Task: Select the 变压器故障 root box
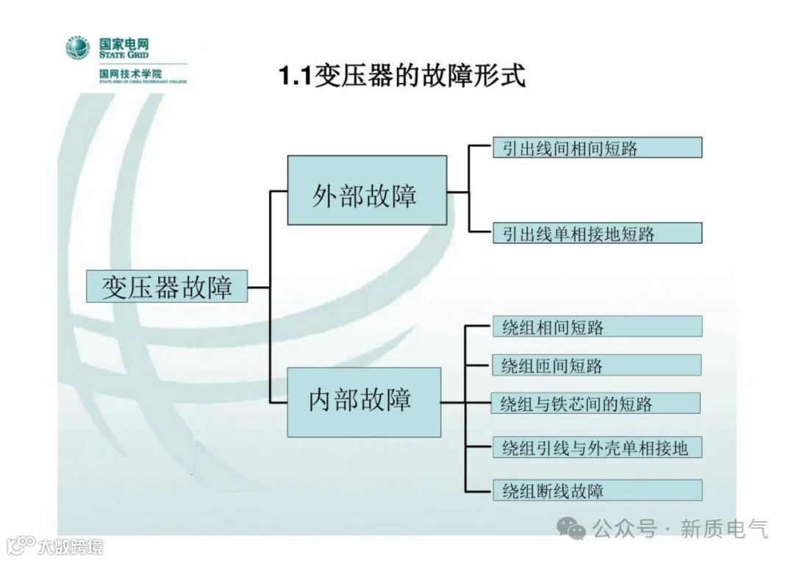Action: (x=167, y=287)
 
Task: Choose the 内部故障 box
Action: (x=363, y=401)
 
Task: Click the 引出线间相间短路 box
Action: (x=596, y=148)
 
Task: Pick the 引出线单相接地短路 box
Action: (x=596, y=233)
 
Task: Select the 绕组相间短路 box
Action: (x=596, y=326)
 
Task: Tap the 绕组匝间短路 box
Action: (x=596, y=365)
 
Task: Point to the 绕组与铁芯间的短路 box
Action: (x=596, y=403)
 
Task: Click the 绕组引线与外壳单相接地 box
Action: (x=596, y=447)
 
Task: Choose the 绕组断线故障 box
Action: (x=596, y=490)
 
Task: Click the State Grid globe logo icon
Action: (x=77, y=49)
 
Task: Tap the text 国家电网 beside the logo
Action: (x=124, y=43)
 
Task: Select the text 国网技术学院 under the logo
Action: (x=131, y=74)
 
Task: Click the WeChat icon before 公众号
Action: (x=571, y=527)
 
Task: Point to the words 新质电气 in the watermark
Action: (x=723, y=528)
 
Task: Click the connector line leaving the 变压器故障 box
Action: (x=259, y=287)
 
